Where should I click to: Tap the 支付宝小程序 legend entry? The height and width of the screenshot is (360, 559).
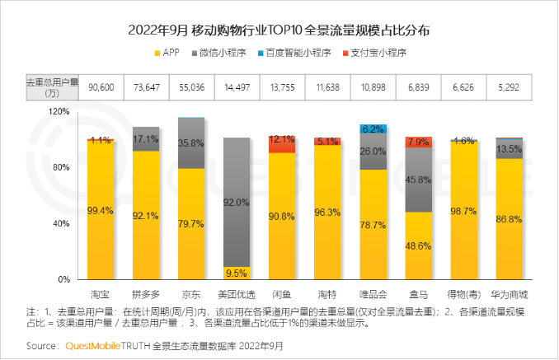(x=378, y=53)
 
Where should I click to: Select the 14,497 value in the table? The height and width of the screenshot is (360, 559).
(x=237, y=86)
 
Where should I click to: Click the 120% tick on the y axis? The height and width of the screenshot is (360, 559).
(x=58, y=110)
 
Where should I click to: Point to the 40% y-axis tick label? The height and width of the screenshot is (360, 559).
(x=60, y=223)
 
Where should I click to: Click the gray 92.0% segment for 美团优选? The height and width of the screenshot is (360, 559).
(x=237, y=202)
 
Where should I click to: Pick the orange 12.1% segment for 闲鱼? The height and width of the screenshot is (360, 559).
(x=282, y=143)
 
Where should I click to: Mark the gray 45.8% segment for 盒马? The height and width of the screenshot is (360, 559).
(x=418, y=180)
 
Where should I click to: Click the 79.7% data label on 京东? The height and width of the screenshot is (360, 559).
(x=192, y=223)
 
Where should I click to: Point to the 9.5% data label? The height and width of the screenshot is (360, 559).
(x=237, y=273)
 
